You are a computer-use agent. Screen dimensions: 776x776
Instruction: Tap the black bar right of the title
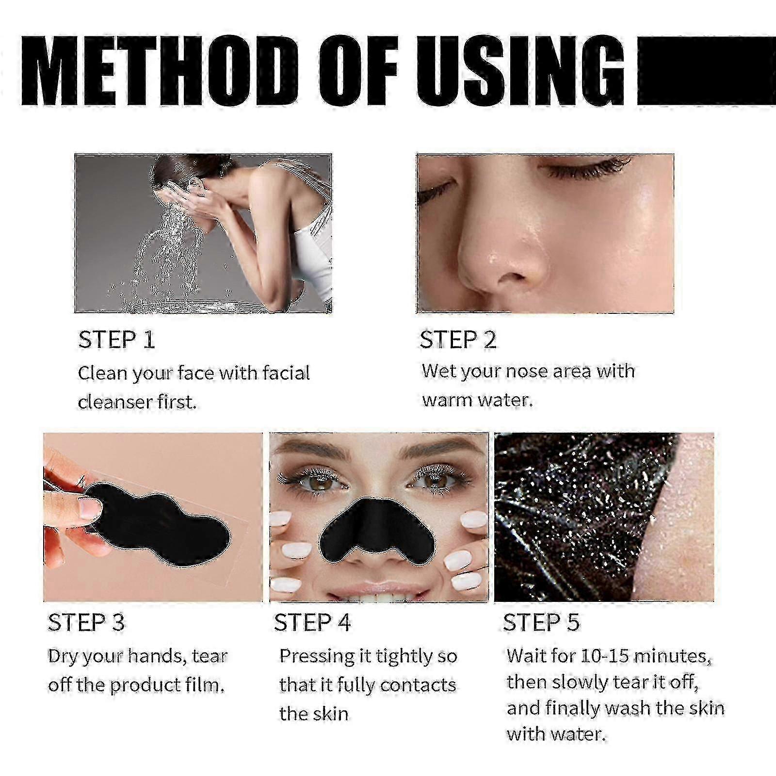point(706,71)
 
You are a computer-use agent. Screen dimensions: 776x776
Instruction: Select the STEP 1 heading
point(116,339)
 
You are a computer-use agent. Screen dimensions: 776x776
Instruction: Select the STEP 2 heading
point(458,339)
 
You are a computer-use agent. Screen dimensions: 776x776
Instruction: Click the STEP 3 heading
point(86,622)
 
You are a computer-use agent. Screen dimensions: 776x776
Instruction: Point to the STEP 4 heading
point(312,622)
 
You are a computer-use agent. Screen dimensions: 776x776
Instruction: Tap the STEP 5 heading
point(541,622)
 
